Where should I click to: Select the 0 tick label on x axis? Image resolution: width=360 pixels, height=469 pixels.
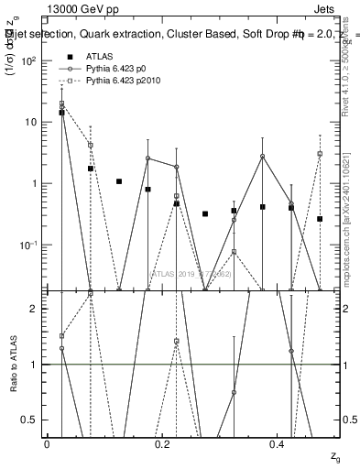coord(47,444)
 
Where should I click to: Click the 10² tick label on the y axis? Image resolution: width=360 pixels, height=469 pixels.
coord(28,60)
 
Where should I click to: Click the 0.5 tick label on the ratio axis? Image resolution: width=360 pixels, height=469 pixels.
coord(31,420)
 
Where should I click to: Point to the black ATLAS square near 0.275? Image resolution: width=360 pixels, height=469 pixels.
coord(205,213)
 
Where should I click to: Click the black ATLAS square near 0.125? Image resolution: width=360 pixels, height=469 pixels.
coord(119,181)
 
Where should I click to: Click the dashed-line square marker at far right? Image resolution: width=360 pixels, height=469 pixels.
coord(320,154)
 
